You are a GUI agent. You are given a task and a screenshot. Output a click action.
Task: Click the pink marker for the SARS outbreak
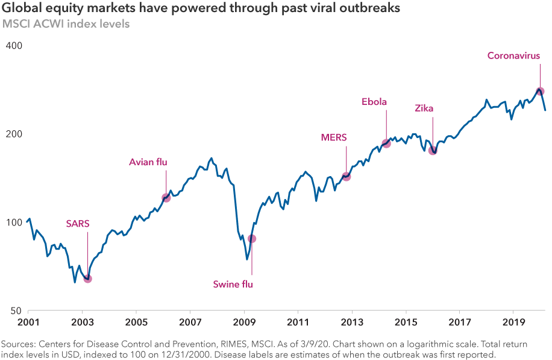click(x=87, y=279)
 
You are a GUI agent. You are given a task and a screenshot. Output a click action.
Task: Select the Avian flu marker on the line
click(x=166, y=198)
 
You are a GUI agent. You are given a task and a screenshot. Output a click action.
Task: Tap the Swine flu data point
click(x=252, y=239)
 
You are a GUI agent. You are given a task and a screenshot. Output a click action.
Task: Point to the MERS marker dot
click(x=347, y=177)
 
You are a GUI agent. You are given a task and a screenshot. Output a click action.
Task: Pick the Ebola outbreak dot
click(x=386, y=144)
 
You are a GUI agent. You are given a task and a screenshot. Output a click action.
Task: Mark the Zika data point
click(x=433, y=150)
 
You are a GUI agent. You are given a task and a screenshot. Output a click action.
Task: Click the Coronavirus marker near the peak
click(x=541, y=92)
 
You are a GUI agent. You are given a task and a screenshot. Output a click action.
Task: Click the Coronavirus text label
click(x=513, y=56)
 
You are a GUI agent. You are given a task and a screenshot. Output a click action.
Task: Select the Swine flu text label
click(x=233, y=285)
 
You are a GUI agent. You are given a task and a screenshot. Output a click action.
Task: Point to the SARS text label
click(x=78, y=223)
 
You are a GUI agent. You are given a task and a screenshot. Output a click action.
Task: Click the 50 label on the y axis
click(x=16, y=311)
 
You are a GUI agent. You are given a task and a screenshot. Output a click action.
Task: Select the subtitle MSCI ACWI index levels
click(x=66, y=25)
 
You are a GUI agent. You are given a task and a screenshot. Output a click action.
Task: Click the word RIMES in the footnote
click(x=232, y=344)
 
